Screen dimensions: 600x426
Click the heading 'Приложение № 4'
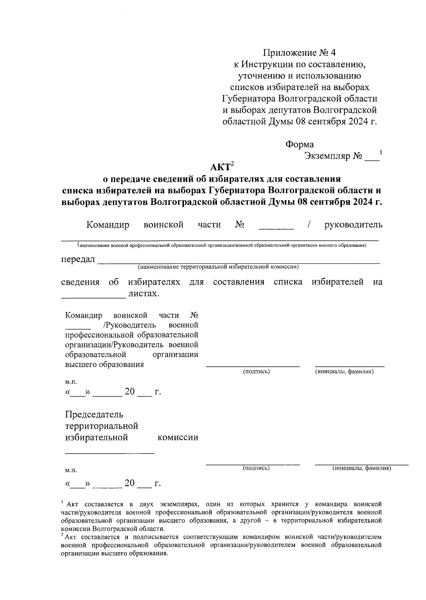click(x=299, y=53)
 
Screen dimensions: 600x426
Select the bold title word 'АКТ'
click(x=220, y=167)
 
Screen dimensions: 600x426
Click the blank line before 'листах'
click(x=93, y=296)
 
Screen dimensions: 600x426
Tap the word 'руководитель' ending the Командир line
click(x=354, y=225)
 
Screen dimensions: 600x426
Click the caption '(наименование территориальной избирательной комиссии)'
click(x=218, y=267)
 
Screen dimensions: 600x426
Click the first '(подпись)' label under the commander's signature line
click(x=256, y=371)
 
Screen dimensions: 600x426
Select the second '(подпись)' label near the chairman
click(x=256, y=468)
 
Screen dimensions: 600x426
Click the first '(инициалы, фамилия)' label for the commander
click(x=344, y=371)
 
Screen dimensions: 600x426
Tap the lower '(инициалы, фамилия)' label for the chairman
click(x=361, y=468)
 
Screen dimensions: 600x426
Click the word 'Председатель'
click(x=94, y=414)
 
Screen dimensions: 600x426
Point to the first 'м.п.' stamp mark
click(x=71, y=382)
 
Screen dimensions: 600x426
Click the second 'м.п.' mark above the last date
click(x=71, y=470)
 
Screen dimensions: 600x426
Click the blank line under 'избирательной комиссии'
click(x=110, y=452)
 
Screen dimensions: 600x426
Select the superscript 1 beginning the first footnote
click(x=62, y=502)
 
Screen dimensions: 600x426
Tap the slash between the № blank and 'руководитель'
click(x=310, y=225)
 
